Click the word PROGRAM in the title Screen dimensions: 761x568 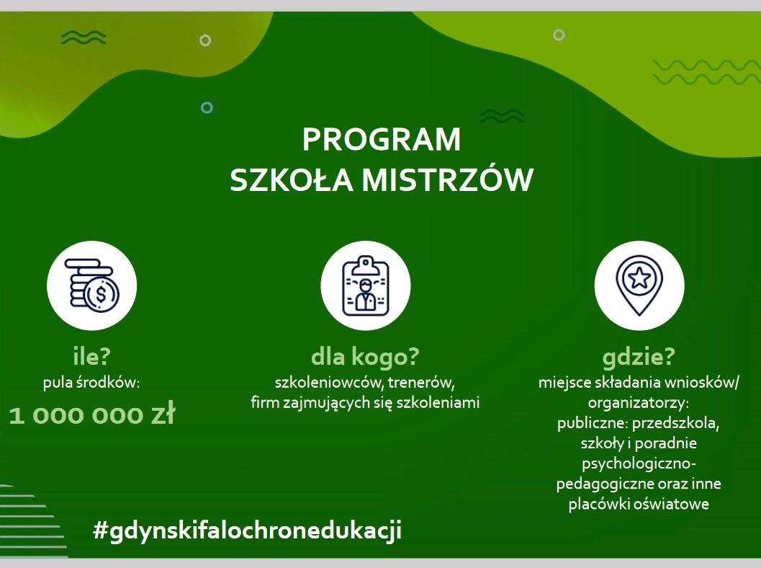382,139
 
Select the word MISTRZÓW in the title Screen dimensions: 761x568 447,180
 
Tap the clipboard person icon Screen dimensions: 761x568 366,286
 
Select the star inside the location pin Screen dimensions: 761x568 639,278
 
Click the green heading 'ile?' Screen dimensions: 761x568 92,357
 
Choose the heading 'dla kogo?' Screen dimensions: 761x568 365,357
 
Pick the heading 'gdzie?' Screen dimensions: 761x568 639,358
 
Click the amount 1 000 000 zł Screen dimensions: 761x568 92,415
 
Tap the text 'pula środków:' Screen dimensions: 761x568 91,383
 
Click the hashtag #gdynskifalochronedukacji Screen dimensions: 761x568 247,530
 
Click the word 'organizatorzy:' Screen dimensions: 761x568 639,403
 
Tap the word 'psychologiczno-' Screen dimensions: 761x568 639,464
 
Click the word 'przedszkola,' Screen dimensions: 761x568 676,423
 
